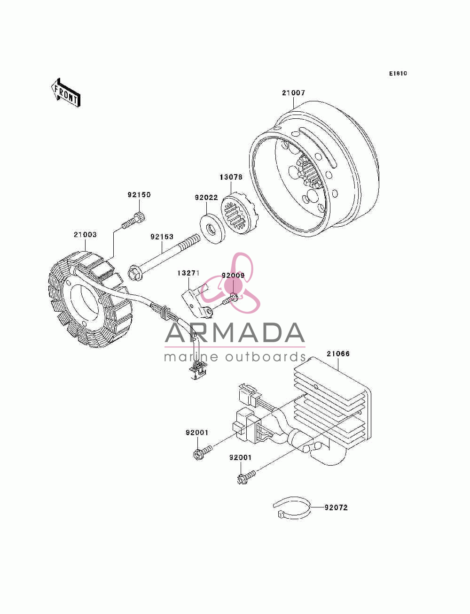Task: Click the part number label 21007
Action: pyautogui.click(x=293, y=93)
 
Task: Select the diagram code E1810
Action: pyautogui.click(x=398, y=74)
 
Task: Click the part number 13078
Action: pyautogui.click(x=231, y=177)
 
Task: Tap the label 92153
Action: pyautogui.click(x=162, y=237)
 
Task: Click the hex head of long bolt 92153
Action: pyautogui.click(x=135, y=273)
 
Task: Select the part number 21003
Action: pyautogui.click(x=85, y=235)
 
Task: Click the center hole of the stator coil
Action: pyautogui.click(x=85, y=303)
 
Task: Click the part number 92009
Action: pyautogui.click(x=233, y=276)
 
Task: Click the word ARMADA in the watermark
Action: pyautogui.click(x=235, y=333)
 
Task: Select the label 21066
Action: pyautogui.click(x=338, y=354)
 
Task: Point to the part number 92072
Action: pyautogui.click(x=336, y=507)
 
